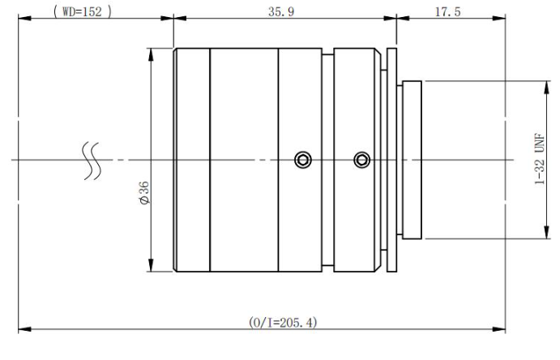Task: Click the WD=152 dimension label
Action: coord(81,12)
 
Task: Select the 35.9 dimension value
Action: coord(283,12)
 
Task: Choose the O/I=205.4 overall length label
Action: coord(283,322)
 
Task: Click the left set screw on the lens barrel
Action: coord(302,159)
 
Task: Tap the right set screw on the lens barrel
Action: coord(361,159)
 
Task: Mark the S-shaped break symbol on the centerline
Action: coord(92,160)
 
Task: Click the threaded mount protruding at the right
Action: coord(413,159)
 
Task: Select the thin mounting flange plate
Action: coord(392,159)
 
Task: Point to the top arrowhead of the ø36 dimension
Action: coord(152,50)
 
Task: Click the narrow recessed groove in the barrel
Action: coord(328,159)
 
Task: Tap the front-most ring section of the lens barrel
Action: coord(193,159)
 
